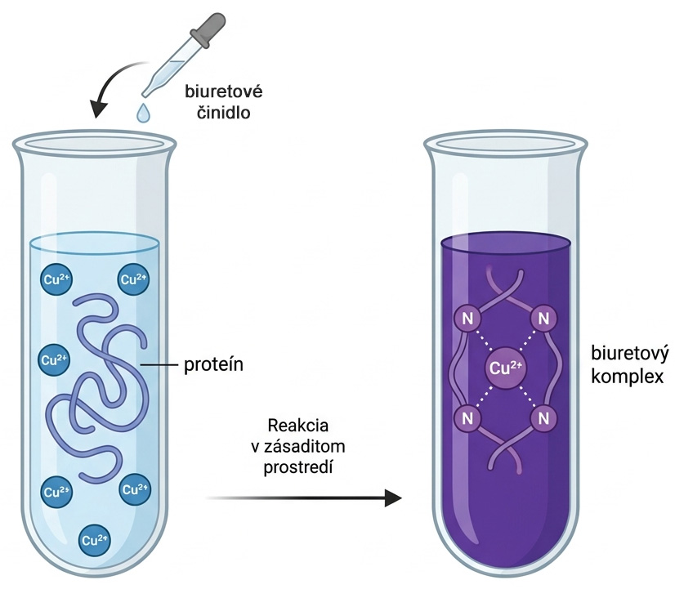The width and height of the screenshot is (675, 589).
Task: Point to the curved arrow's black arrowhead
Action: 99,109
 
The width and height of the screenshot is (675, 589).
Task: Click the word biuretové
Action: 224,91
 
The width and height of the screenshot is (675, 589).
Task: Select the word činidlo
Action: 223,113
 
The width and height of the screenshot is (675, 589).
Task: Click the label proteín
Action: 214,365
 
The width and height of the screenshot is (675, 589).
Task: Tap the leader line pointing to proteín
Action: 159,365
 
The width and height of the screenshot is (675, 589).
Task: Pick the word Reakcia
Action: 298,426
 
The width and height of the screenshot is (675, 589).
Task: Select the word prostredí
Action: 298,467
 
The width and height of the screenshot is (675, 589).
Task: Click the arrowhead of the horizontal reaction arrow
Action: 393,498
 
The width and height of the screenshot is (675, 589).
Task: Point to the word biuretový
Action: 630,354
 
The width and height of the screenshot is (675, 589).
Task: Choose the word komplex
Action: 627,377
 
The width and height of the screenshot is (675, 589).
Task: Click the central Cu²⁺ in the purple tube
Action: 505,368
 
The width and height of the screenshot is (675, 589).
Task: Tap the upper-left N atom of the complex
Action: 467,319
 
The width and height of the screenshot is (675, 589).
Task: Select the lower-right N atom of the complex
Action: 543,418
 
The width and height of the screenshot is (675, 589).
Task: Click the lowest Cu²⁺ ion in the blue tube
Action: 95,540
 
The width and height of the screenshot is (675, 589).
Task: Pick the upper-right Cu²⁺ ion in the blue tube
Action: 133,279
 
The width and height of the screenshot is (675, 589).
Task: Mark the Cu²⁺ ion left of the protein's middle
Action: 55,359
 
